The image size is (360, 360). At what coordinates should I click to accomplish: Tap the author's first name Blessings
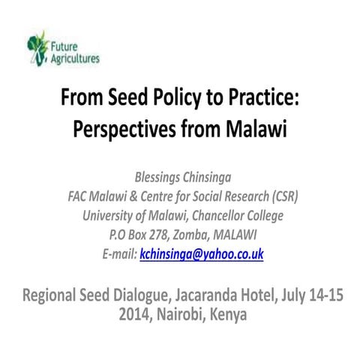coord(163,178)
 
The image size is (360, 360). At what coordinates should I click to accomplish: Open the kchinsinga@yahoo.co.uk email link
coord(202,255)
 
